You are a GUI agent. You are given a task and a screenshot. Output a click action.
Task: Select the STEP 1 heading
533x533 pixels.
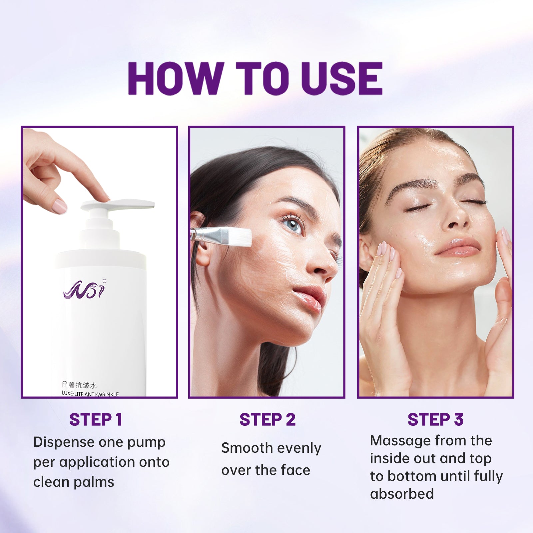point(96,419)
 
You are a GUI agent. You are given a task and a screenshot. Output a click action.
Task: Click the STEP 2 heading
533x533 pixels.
point(267,419)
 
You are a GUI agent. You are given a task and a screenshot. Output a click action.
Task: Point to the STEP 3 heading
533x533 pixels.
point(435,419)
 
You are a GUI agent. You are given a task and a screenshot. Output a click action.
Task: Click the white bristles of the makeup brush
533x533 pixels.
point(240,236)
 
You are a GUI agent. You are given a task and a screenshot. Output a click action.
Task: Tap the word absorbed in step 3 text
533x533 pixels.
point(402,493)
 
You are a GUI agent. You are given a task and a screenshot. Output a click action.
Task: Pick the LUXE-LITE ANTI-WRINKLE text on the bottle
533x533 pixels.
point(90,394)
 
